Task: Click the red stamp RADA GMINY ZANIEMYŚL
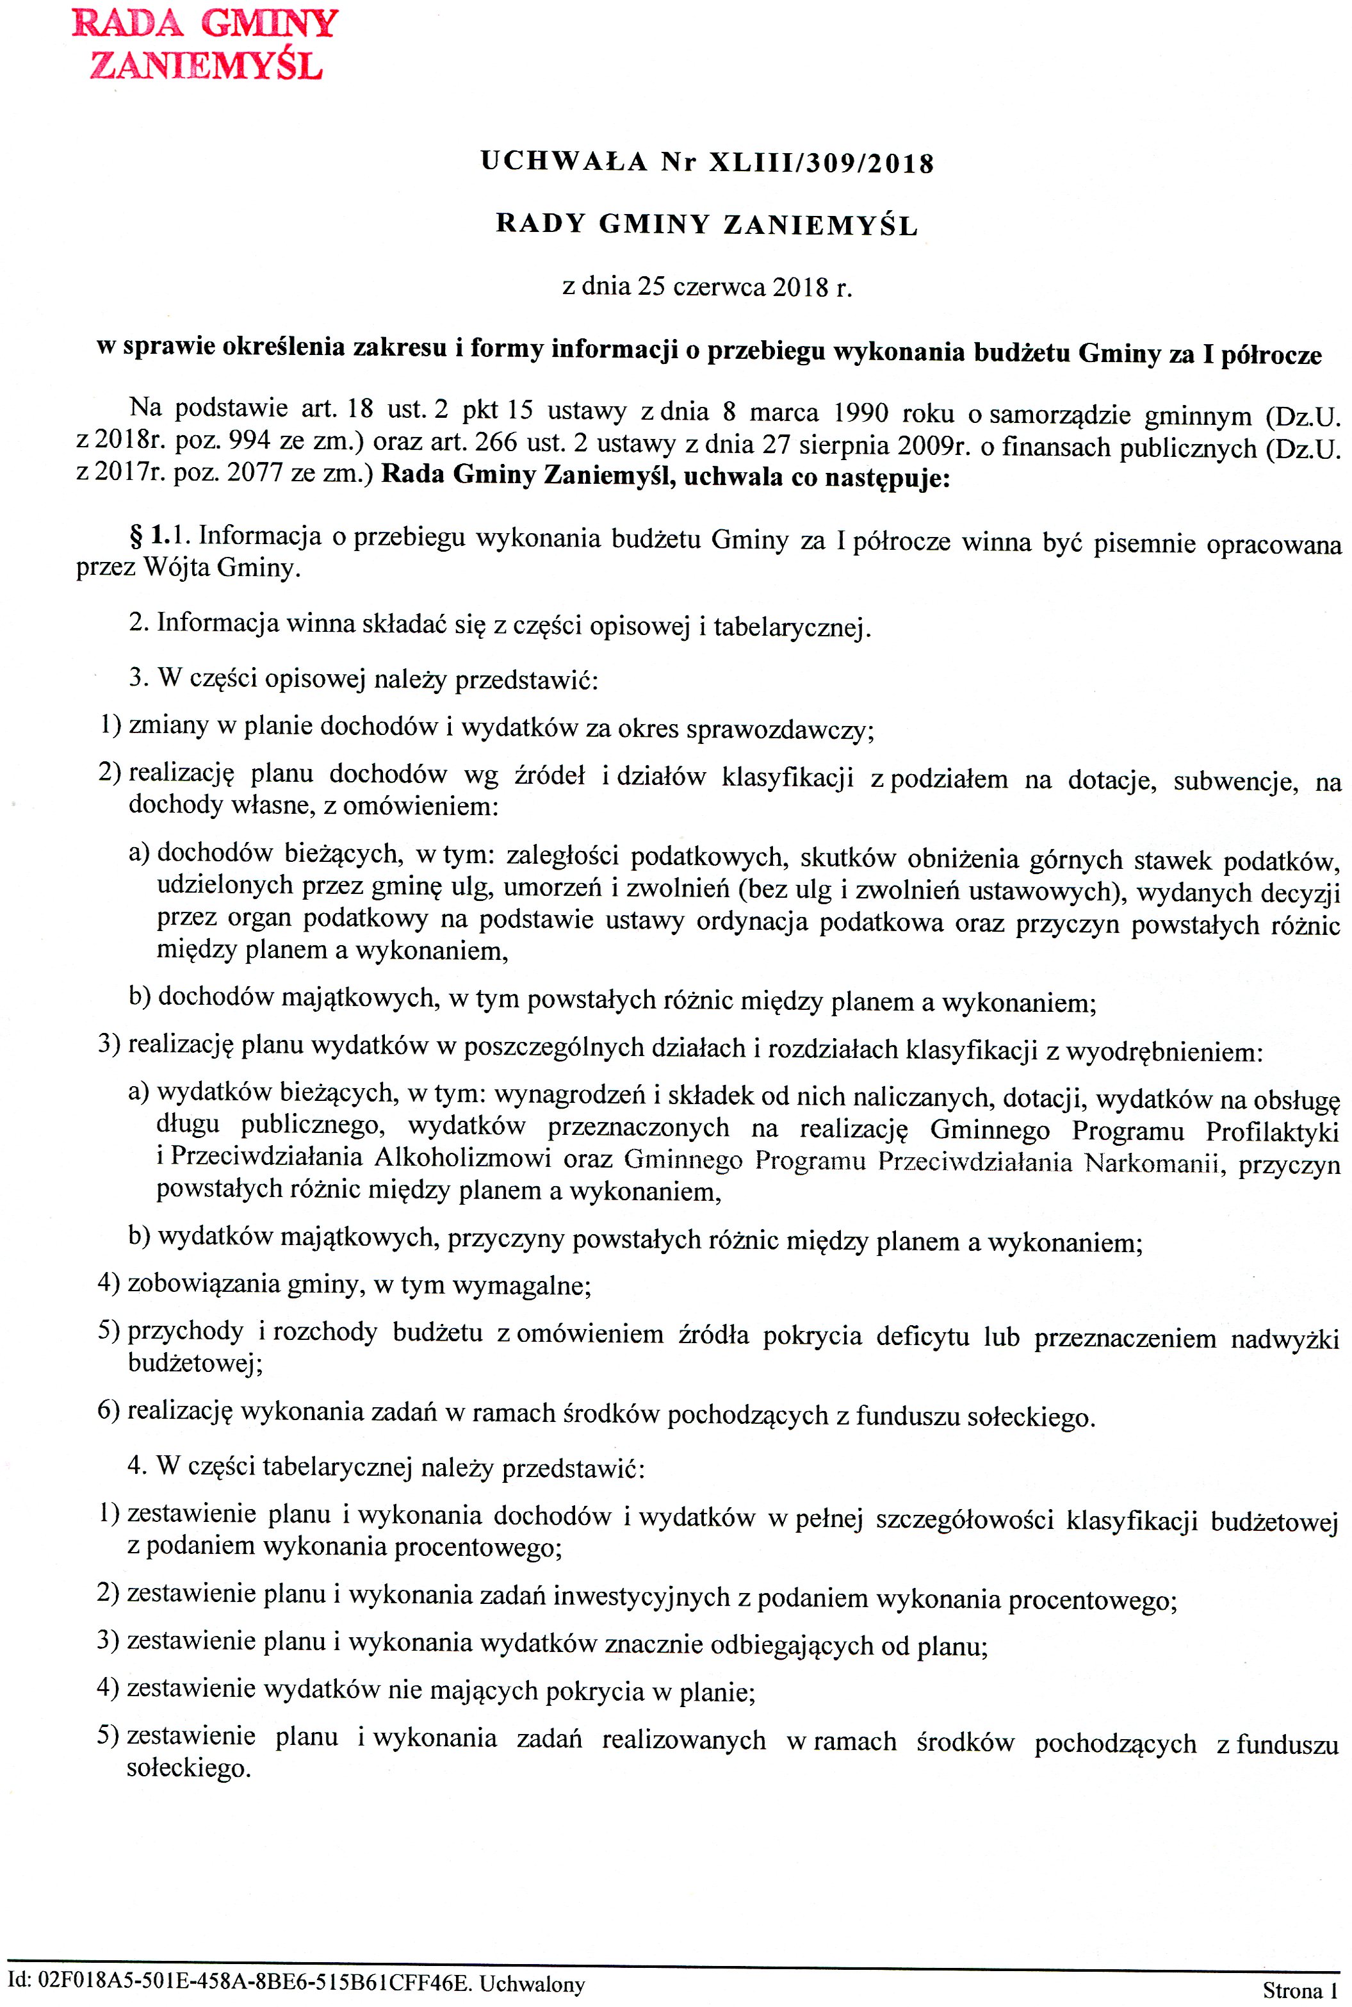coord(205,44)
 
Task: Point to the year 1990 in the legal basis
coord(861,412)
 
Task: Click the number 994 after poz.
coord(249,442)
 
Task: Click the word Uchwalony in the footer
coord(532,1984)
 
